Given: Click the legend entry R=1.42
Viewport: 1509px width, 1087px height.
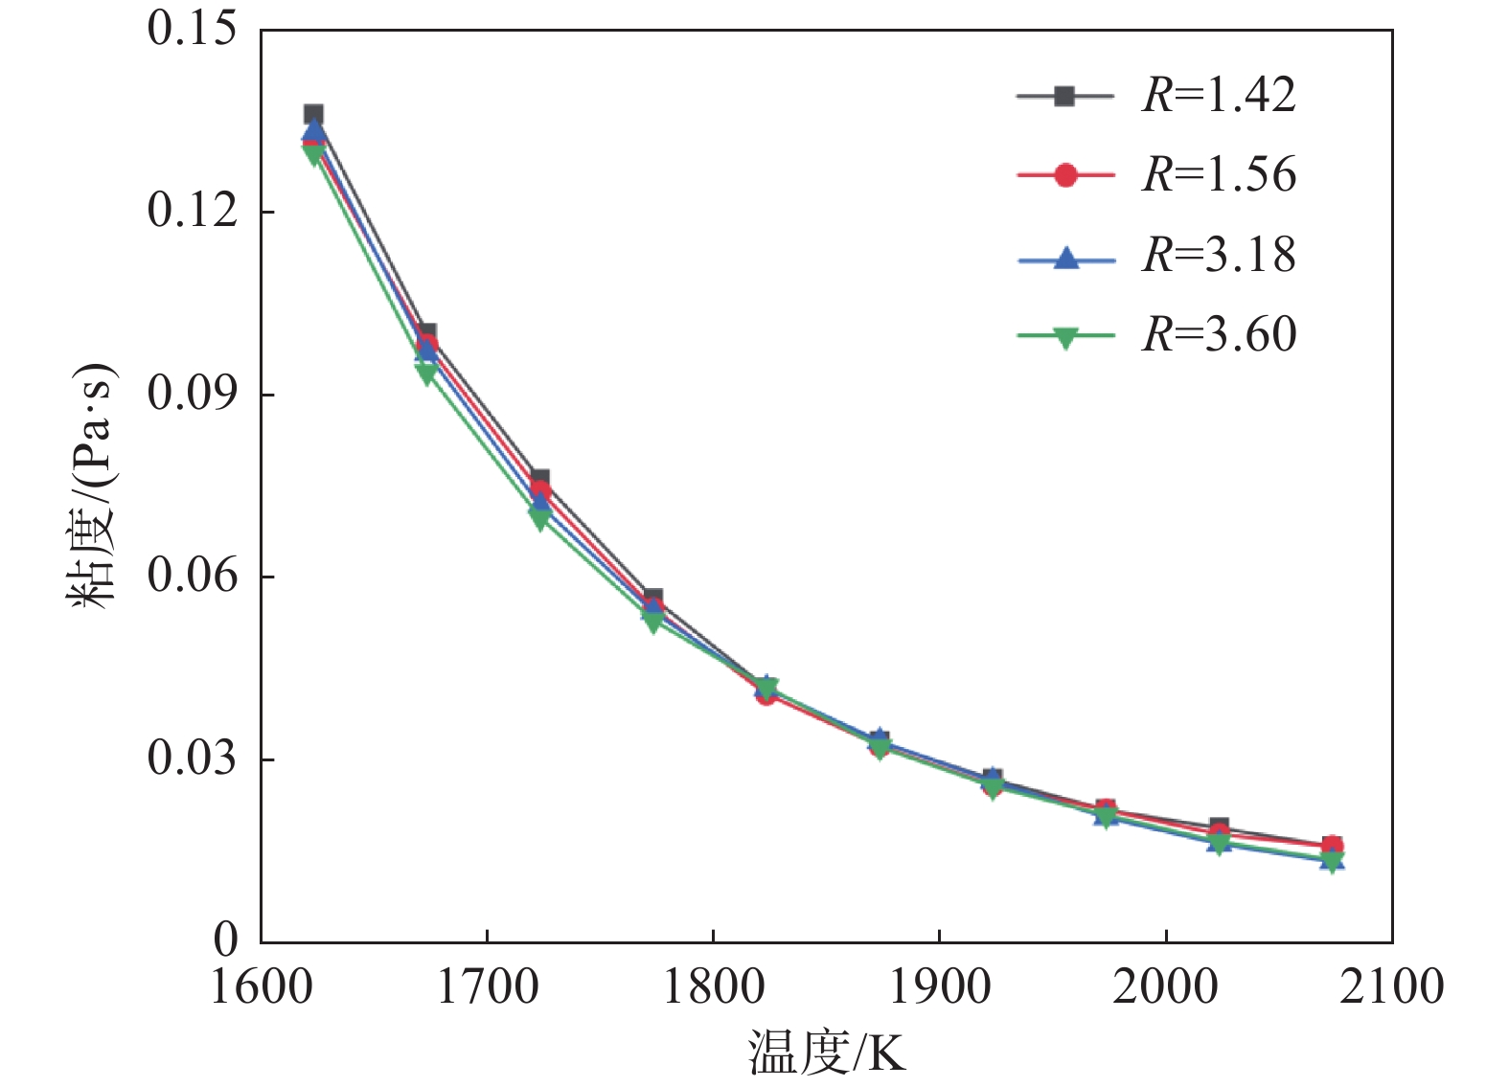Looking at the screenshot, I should point(1218,95).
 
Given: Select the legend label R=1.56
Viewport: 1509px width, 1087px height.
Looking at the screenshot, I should point(1218,174).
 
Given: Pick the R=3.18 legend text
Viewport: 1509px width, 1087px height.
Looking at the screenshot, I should point(1218,255).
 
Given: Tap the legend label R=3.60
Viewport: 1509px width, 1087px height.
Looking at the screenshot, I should point(1218,334).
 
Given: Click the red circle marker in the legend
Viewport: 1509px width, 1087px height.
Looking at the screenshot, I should point(1064,175).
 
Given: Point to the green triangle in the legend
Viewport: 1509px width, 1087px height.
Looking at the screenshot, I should point(1064,337).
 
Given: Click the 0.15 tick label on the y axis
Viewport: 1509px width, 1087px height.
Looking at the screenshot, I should point(192,29).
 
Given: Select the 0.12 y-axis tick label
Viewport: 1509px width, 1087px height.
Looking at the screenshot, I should point(192,211).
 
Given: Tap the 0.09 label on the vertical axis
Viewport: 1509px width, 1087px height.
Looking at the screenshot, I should point(192,394).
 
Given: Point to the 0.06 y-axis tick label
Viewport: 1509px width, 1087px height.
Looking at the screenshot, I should point(192,576).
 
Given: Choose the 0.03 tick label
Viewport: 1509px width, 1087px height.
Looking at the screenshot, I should point(192,759).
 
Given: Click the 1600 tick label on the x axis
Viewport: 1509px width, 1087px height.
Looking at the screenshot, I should point(262,986).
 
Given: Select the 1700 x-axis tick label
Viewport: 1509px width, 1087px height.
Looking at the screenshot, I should point(488,986).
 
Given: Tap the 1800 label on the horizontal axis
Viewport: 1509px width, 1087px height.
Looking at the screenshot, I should point(714,986).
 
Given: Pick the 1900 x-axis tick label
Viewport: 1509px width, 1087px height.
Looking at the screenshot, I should point(940,986).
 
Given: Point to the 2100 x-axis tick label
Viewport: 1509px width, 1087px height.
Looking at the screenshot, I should point(1391,986).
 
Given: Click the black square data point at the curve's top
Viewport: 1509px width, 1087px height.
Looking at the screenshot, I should point(313,115).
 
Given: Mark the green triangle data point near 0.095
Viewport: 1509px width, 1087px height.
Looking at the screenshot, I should point(426,373).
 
